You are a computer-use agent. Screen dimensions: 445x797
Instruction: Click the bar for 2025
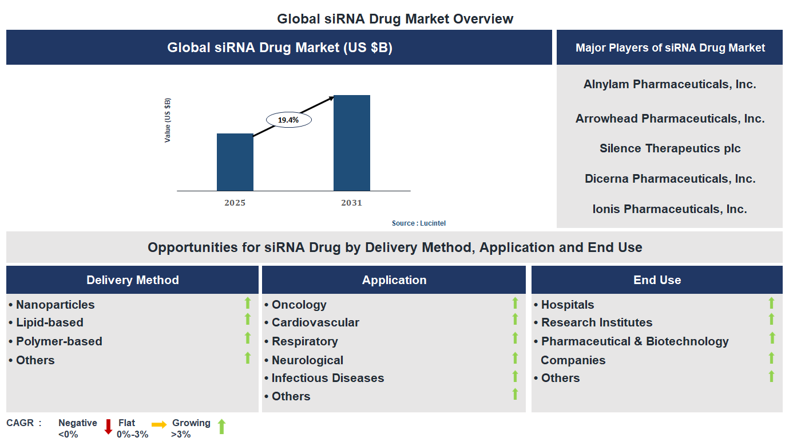click(x=235, y=162)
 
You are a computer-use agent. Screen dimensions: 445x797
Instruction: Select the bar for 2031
click(x=351, y=143)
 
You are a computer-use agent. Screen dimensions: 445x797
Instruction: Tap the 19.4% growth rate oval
click(x=288, y=120)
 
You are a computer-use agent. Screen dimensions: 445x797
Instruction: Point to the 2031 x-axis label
click(x=351, y=203)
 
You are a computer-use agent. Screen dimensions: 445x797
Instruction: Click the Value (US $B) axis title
click(x=168, y=120)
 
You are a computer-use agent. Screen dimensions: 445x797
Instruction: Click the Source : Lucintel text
click(x=418, y=223)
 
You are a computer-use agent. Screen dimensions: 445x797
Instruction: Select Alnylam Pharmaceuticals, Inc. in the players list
click(x=669, y=84)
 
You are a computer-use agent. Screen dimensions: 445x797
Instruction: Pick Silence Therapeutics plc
click(x=669, y=148)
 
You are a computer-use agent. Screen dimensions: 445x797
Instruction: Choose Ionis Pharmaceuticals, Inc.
click(x=669, y=209)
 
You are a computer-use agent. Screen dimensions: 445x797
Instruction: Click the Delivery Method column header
click(x=132, y=280)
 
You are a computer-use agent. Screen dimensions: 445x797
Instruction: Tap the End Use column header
click(x=657, y=280)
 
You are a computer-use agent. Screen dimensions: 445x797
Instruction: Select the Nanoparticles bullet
click(x=55, y=305)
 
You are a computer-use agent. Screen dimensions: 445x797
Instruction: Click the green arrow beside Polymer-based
click(x=248, y=338)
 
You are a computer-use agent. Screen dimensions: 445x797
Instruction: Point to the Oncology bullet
click(x=299, y=305)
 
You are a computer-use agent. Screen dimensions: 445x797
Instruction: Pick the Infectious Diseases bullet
click(x=327, y=378)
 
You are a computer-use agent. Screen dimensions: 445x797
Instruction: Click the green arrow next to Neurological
click(x=515, y=358)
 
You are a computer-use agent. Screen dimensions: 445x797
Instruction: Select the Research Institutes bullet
click(x=596, y=322)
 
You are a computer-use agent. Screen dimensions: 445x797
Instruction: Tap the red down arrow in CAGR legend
click(x=108, y=427)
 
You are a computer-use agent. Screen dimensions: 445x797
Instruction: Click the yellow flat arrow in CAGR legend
click(x=159, y=424)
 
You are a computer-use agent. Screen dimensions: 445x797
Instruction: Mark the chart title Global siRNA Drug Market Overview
click(x=395, y=19)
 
